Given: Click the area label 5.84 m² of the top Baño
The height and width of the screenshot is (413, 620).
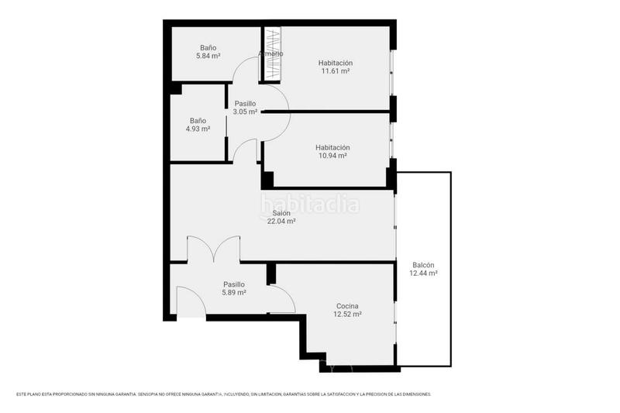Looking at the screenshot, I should tap(207, 57).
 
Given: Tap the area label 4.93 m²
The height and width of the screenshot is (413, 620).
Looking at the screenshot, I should tap(198, 129).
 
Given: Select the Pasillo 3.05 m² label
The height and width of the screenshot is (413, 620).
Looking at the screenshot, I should tap(245, 112).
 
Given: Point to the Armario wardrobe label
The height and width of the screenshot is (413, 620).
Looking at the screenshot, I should tap(270, 53).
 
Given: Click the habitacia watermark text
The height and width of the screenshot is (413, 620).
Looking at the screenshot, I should tap(310, 205).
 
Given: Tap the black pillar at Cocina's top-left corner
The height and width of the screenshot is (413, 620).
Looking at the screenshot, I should tap(271, 274).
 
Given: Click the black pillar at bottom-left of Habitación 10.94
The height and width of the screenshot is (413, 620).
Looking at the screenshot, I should tap(267, 180).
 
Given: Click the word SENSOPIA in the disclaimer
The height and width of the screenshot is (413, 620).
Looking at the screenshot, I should tap(153, 394).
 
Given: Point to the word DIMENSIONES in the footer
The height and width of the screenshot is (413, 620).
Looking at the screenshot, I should tap(414, 394).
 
